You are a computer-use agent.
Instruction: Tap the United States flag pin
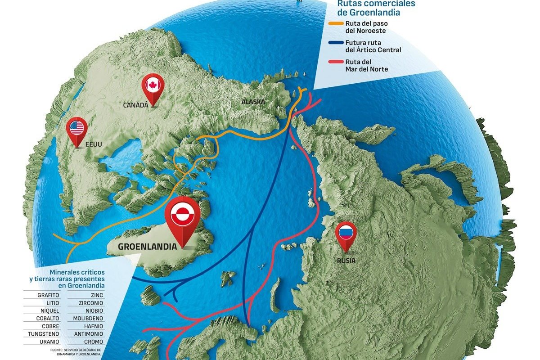[77, 129]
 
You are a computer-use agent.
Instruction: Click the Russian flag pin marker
[346, 234]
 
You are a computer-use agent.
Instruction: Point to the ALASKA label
[253, 102]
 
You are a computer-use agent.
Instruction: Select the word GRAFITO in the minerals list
[48, 295]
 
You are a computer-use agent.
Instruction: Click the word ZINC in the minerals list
[96, 295]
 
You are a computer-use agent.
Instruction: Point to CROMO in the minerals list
[93, 342]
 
